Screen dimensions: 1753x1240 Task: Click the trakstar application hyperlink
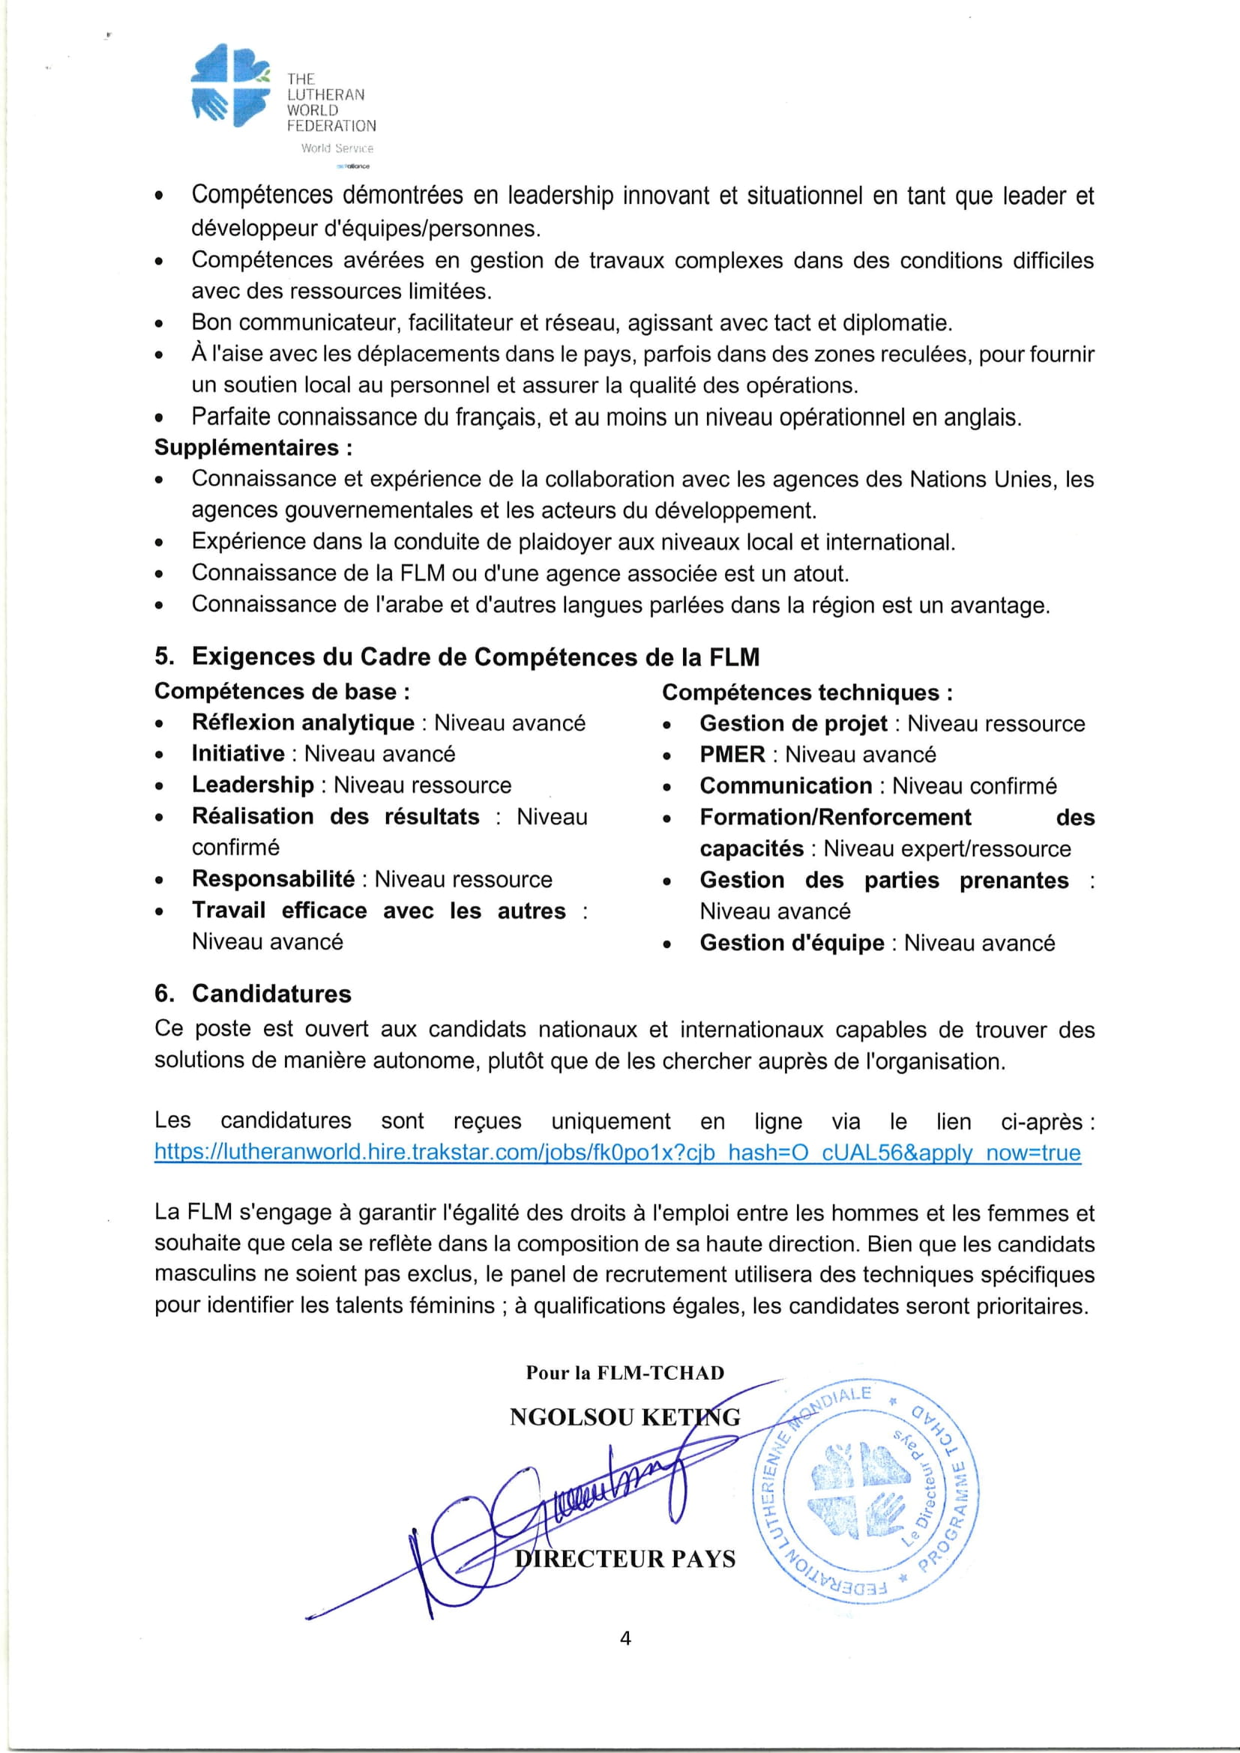pyautogui.click(x=617, y=1152)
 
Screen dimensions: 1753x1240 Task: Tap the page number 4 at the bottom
pyautogui.click(x=625, y=1638)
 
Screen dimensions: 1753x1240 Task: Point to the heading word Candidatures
pyautogui.click(x=271, y=993)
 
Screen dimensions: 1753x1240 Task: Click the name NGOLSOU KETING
pyautogui.click(x=624, y=1417)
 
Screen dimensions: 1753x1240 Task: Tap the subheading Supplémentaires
pyautogui.click(x=253, y=447)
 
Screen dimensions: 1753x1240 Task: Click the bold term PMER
pyautogui.click(x=732, y=755)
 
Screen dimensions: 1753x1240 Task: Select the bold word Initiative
pyautogui.click(x=238, y=753)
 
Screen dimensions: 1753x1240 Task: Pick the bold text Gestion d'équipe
pyautogui.click(x=792, y=943)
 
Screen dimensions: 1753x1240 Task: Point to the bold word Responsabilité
pyautogui.click(x=274, y=879)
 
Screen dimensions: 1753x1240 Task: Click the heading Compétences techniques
pyautogui.click(x=807, y=693)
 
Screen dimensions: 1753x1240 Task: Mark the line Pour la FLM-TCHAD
pyautogui.click(x=624, y=1373)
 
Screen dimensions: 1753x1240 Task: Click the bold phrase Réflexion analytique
pyautogui.click(x=302, y=722)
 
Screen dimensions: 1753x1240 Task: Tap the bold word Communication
pyautogui.click(x=786, y=785)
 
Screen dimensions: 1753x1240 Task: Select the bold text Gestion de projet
pyautogui.click(x=793, y=723)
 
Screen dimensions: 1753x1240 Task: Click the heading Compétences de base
pyautogui.click(x=282, y=691)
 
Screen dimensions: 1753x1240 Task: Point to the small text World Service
pyautogui.click(x=337, y=148)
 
